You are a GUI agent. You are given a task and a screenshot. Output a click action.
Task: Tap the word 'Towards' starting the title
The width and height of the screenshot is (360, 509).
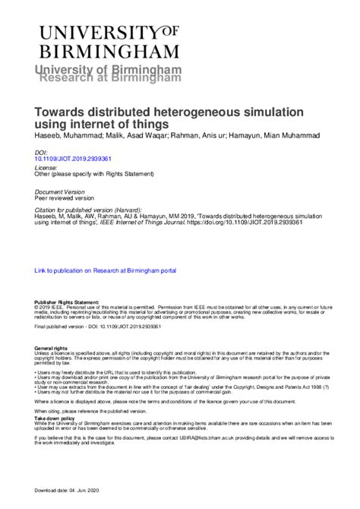coord(63,109)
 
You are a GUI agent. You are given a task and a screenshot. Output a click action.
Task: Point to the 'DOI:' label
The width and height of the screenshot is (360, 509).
coord(42,153)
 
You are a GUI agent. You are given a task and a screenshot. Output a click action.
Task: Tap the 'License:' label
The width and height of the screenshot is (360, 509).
coord(46,167)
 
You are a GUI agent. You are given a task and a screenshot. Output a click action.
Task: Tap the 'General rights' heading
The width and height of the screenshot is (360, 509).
coord(51,347)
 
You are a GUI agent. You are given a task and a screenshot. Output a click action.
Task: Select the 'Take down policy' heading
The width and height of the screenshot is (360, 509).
coord(56,418)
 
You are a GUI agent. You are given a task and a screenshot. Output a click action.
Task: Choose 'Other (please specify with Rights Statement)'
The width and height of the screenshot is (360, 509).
coord(95,174)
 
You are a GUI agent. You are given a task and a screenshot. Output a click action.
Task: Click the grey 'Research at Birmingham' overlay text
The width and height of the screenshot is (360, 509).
coord(111,77)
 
